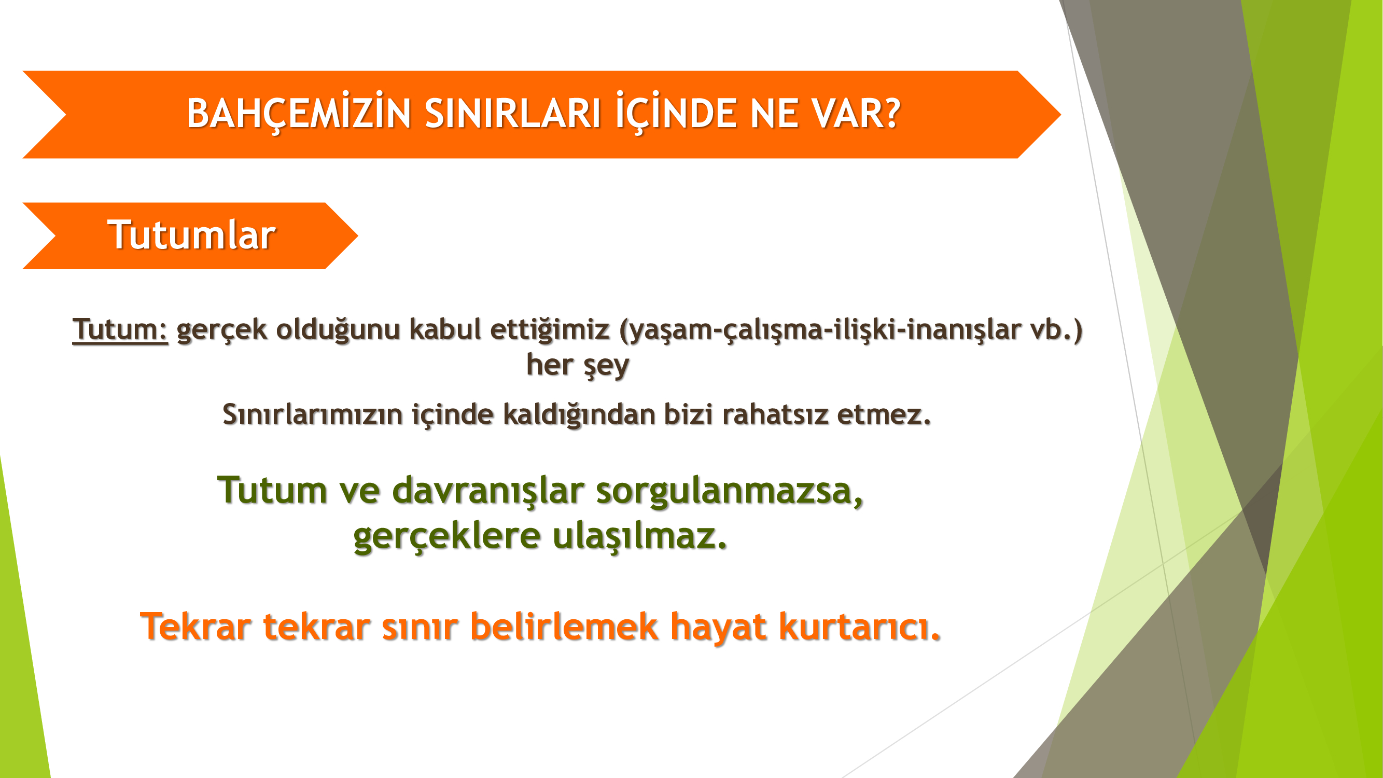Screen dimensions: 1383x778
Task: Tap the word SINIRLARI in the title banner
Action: click(513, 114)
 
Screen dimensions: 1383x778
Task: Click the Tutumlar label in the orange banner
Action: click(192, 235)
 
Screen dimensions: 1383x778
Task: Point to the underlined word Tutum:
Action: click(120, 329)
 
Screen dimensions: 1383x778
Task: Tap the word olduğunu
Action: click(338, 330)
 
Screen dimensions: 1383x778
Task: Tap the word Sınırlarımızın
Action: click(313, 414)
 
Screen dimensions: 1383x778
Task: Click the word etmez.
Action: click(884, 414)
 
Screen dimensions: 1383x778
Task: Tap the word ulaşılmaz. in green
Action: click(639, 536)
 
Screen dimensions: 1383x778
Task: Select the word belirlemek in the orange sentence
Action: click(564, 626)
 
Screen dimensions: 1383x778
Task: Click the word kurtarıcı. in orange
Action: click(860, 627)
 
